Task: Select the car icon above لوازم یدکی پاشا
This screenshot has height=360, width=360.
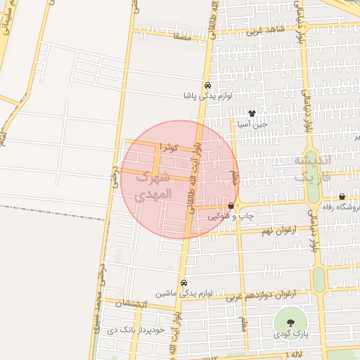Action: point(207,85)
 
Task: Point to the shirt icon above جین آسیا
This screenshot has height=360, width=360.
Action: point(252,113)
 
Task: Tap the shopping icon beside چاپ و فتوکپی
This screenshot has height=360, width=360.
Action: point(231,206)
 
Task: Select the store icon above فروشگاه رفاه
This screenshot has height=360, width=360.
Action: point(342,197)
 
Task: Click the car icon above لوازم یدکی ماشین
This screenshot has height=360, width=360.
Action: point(184,283)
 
